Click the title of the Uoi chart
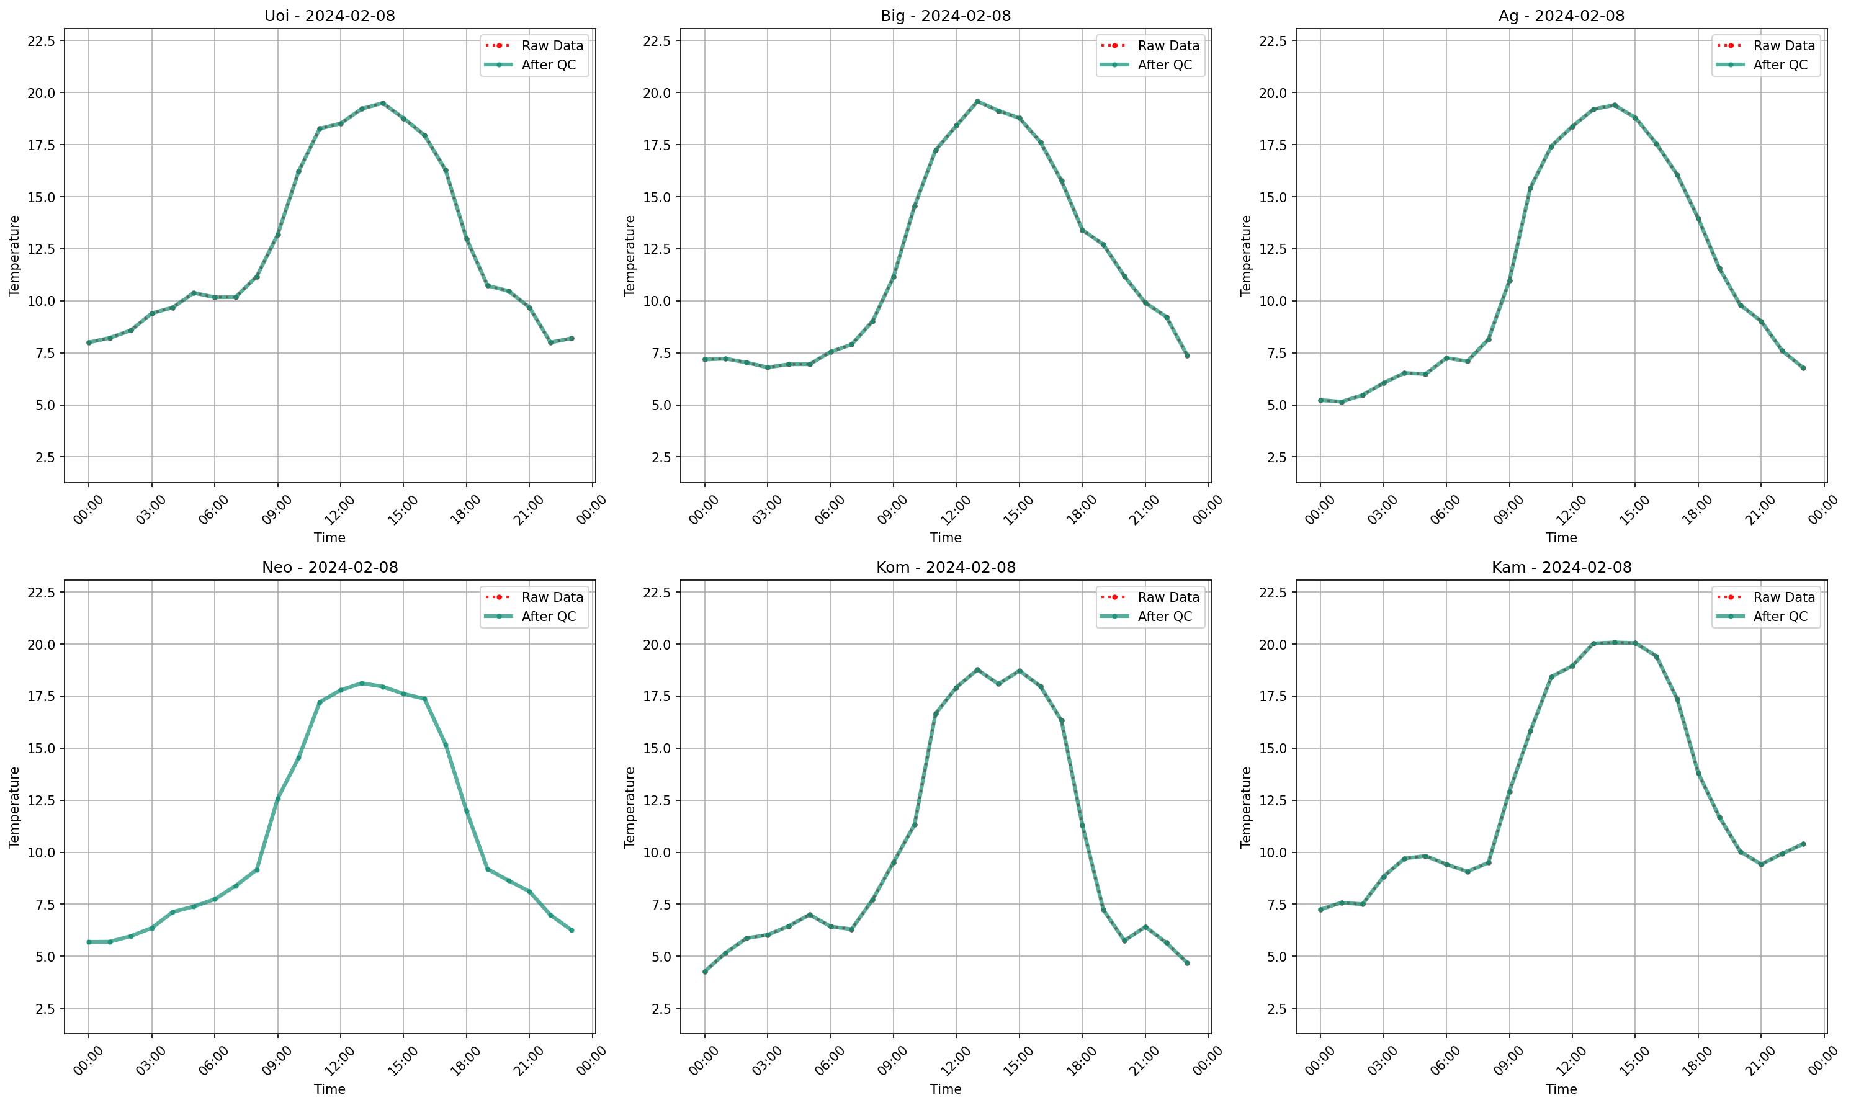[330, 16]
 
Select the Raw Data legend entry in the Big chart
[1150, 45]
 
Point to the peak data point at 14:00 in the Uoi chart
[383, 103]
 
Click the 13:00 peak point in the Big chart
[977, 101]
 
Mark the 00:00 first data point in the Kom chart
[704, 972]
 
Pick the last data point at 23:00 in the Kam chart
[1803, 844]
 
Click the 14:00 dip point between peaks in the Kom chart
[998, 684]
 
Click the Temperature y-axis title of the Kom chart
[630, 807]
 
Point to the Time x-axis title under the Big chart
[946, 537]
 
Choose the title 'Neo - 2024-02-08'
[330, 568]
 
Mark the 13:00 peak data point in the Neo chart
[361, 683]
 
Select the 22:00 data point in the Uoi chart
[550, 342]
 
